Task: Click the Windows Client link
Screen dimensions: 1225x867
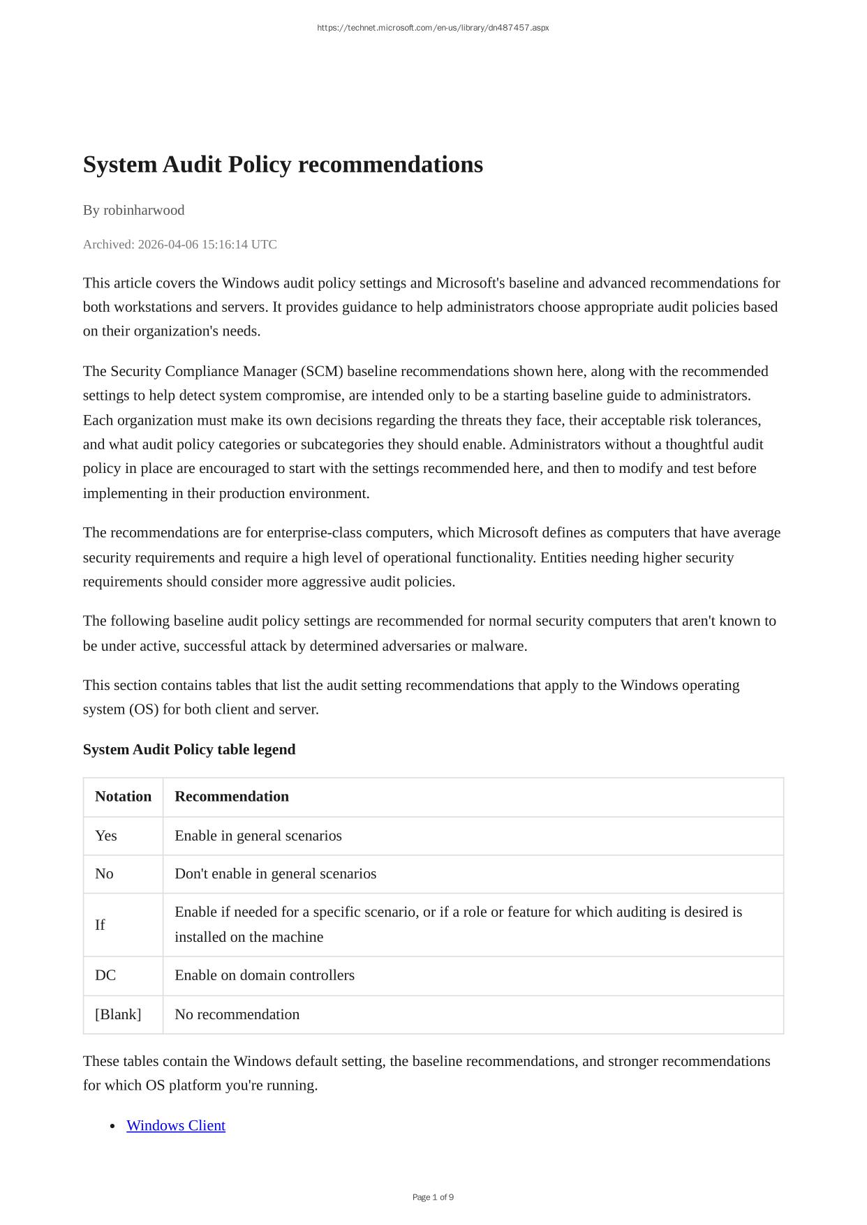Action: (x=176, y=1125)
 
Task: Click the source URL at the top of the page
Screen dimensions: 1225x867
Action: (x=433, y=28)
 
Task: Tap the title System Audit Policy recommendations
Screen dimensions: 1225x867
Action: (x=283, y=165)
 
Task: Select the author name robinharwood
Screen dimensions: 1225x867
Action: (x=144, y=210)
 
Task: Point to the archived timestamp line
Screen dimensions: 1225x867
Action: (x=180, y=244)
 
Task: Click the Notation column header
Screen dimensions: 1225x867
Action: (x=123, y=797)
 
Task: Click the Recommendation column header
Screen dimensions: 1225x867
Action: (x=232, y=797)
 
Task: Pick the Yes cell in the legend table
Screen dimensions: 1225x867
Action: (x=106, y=836)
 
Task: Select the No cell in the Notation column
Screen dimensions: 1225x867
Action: (x=104, y=874)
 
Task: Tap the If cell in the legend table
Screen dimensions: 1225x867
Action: (x=100, y=925)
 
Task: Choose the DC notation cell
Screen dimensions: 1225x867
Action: (x=105, y=975)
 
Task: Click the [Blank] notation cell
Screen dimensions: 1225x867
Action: (x=118, y=1014)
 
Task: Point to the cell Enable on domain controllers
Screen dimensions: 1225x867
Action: (x=265, y=975)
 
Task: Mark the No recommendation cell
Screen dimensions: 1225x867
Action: (x=237, y=1014)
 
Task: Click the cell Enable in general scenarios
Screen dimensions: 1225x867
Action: (x=258, y=836)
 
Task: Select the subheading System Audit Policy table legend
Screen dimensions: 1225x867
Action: (x=189, y=749)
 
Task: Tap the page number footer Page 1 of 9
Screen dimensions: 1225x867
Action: (x=433, y=1197)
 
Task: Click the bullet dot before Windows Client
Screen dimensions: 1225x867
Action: (x=113, y=1126)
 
